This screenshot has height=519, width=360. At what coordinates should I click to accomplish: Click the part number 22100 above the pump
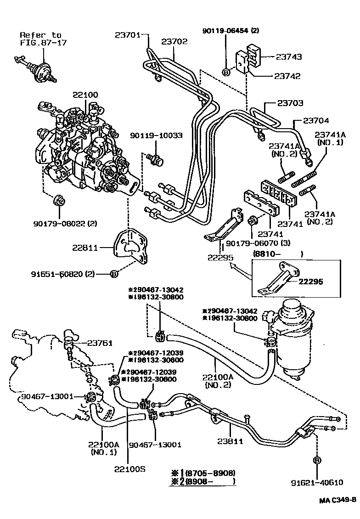tap(85, 95)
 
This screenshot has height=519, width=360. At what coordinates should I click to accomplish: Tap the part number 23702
tap(174, 41)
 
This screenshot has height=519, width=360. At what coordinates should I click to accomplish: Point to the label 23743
tap(288, 57)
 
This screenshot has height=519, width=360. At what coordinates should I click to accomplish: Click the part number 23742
tap(287, 76)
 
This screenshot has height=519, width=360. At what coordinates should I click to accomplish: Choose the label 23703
tap(290, 103)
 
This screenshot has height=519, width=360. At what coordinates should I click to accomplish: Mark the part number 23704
tap(316, 121)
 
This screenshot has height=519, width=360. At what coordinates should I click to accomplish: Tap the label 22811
tap(85, 248)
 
